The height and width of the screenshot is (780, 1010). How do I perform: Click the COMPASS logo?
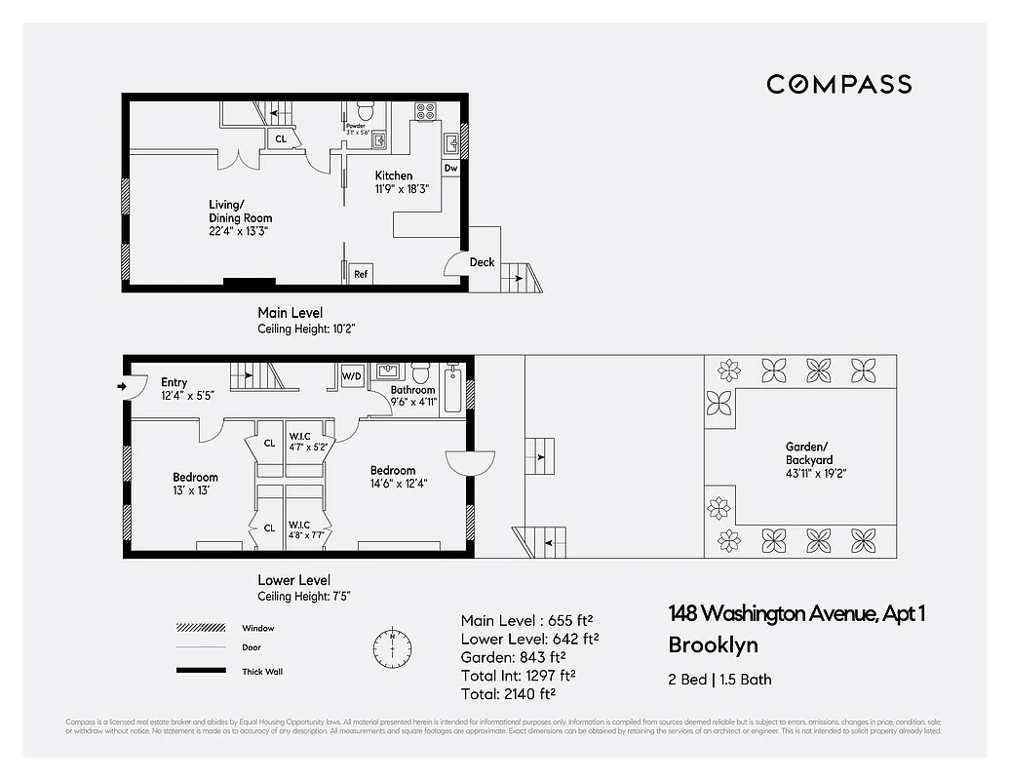[838, 84]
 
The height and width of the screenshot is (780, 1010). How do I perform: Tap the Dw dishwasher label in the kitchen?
[450, 168]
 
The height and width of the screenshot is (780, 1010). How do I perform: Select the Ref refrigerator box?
[361, 275]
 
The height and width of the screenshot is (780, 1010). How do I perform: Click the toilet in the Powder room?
[366, 110]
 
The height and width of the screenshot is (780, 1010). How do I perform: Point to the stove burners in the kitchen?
[425, 111]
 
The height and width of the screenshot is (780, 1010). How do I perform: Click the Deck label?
[482, 262]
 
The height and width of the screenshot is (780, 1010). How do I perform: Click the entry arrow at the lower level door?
[122, 387]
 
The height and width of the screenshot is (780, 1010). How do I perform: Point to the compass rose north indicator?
[392, 645]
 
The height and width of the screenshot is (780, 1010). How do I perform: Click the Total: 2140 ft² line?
[508, 693]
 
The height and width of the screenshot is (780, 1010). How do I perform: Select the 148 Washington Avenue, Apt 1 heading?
[796, 613]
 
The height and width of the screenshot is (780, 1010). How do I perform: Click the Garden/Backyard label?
[809, 454]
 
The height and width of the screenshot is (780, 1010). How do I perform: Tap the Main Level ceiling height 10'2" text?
[306, 330]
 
